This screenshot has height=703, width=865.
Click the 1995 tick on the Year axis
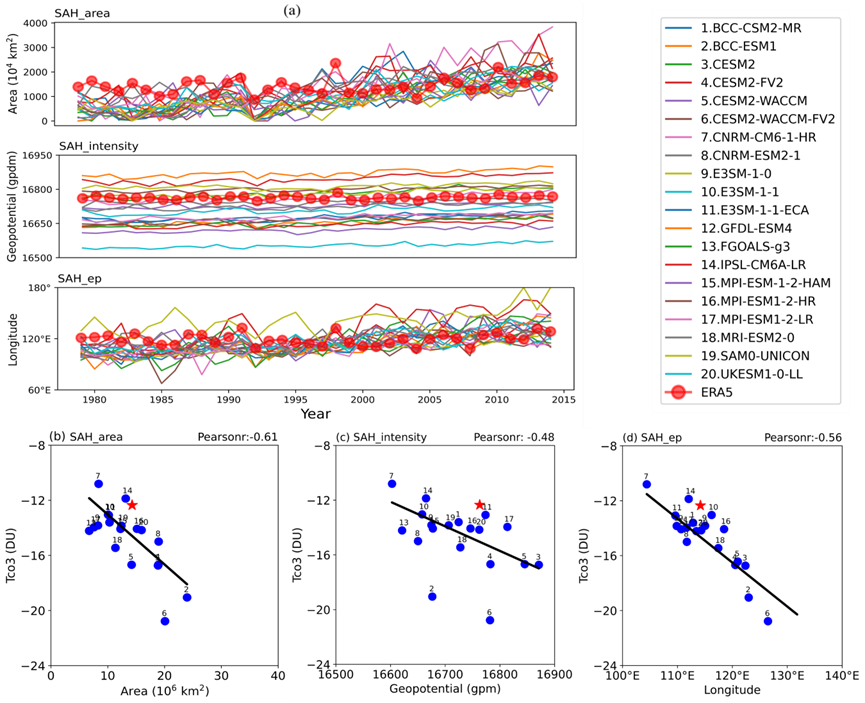tap(295, 398)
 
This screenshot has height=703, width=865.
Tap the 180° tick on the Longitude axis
tap(38, 288)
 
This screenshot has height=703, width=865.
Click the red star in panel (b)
tap(132, 505)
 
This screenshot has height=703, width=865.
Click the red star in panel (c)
tap(479, 505)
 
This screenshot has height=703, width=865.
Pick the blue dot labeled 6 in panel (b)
tap(165, 621)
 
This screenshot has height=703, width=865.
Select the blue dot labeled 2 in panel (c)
tap(432, 596)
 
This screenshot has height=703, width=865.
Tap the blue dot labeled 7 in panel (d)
tap(646, 484)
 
